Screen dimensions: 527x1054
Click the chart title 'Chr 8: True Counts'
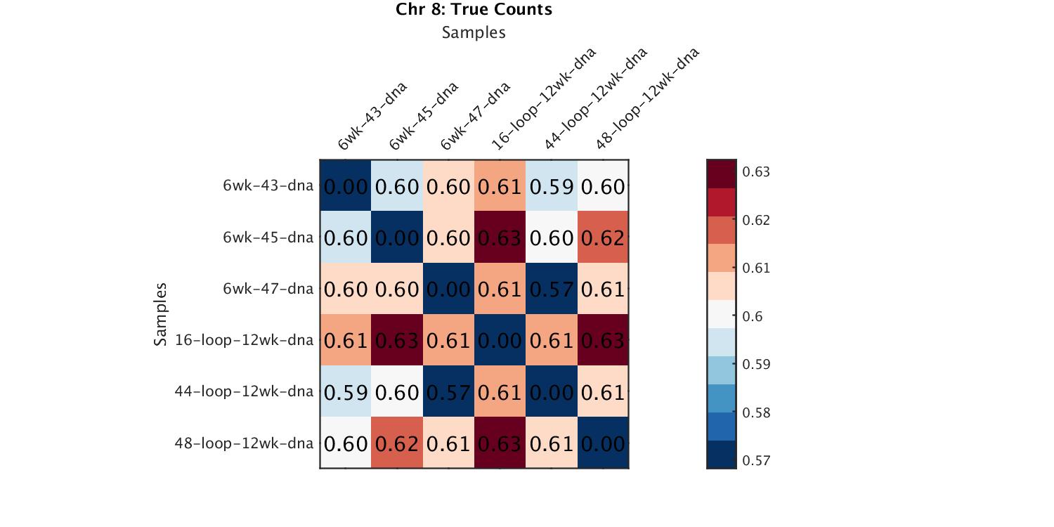474,10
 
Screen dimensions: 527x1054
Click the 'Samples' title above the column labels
474,32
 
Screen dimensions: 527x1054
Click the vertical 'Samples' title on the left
161,314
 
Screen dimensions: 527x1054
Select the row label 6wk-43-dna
268,186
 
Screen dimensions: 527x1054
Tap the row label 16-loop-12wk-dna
244,340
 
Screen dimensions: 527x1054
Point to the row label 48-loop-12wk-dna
244,443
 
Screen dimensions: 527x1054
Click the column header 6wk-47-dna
474,117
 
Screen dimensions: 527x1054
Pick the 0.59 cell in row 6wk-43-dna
552,187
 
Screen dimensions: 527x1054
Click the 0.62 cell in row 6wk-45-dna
603,238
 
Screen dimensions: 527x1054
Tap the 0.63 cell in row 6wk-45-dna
500,238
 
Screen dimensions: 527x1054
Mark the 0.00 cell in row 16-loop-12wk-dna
500,341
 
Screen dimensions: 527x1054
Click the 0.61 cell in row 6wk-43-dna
500,187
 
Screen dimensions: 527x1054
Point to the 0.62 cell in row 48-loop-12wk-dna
397,443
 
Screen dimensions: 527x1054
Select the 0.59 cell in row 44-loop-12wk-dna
346,392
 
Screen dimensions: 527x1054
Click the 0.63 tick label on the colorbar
756,172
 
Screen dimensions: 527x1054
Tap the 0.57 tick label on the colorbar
756,461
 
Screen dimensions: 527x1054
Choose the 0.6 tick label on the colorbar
753,317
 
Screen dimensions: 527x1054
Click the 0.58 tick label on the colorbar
756,413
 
